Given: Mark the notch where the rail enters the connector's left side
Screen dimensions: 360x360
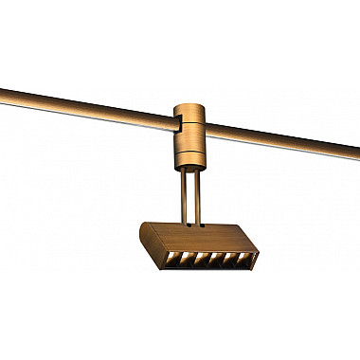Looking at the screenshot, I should click(x=177, y=123).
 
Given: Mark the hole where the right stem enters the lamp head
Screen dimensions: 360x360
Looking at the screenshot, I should click(x=198, y=227).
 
